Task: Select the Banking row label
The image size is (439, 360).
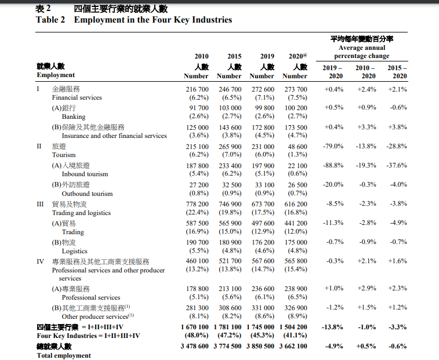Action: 74,117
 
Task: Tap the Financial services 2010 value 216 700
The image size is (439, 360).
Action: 197,89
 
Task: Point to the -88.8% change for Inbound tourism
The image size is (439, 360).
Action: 333,165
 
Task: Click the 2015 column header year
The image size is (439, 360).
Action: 234,57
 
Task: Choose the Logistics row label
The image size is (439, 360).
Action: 74,252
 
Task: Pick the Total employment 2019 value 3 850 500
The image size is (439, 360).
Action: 260,346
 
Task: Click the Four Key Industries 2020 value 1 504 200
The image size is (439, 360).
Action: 293,328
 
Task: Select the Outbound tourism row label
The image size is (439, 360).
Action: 87,194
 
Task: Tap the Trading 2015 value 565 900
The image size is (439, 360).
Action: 230,223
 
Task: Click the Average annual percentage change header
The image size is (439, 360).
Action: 362,52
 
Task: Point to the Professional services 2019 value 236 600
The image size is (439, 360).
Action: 263,289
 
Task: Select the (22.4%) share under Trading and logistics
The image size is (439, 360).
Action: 197,213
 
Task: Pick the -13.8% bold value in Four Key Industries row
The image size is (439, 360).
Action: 332,328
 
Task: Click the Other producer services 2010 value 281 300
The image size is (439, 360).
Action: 197,308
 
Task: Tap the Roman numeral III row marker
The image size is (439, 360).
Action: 40,204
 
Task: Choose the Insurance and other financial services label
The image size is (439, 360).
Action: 114,136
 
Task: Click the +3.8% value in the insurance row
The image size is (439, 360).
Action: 397,127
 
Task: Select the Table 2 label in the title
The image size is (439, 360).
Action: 50,20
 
